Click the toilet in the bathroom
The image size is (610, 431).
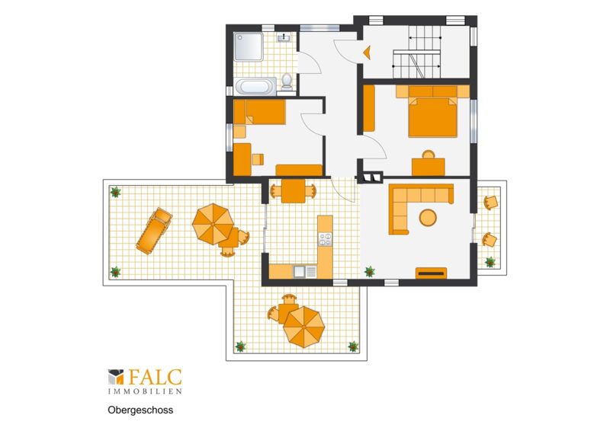287,81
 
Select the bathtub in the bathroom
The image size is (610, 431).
255,86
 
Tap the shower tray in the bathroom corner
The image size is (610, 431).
249,46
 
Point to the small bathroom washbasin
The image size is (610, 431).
284,38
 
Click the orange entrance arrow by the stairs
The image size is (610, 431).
367,53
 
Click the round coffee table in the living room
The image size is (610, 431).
428,218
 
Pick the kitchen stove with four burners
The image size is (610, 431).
326,239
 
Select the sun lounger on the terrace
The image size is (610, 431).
154,231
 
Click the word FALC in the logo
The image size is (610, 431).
155,377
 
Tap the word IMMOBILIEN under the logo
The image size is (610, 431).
145,391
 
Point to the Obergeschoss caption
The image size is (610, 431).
140,410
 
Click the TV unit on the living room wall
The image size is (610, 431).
431,273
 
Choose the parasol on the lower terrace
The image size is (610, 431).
303,327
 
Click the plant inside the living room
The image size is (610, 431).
370,272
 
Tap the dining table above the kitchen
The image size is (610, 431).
294,191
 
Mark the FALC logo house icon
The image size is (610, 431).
116,377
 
